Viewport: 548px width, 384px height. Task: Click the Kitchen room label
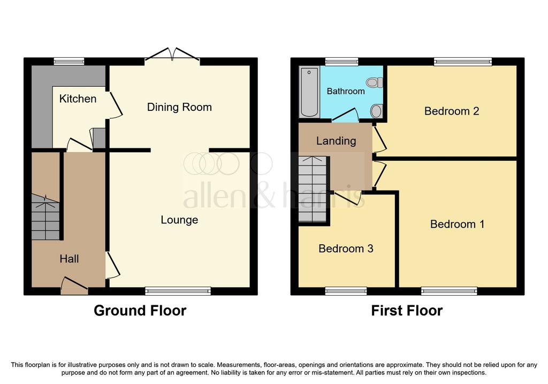click(x=78, y=99)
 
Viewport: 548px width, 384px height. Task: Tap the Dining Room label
click(x=179, y=107)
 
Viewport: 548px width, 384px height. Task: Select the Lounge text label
click(x=179, y=220)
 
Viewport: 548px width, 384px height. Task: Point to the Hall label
click(x=69, y=259)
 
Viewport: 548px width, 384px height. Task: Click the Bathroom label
click(x=346, y=91)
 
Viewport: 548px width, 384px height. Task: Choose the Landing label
click(x=336, y=141)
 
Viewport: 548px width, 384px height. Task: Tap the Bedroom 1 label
click(x=457, y=224)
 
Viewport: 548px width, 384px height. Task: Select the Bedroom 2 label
click(x=452, y=111)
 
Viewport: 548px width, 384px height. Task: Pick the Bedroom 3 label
click(x=346, y=249)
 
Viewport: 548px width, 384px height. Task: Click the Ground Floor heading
click(x=140, y=311)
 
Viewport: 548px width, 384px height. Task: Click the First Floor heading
click(x=407, y=311)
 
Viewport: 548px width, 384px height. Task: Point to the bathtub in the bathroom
click(x=309, y=92)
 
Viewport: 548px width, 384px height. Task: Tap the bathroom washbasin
click(x=376, y=111)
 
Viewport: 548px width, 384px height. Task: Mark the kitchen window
click(x=69, y=62)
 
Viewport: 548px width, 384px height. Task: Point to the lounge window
click(x=178, y=291)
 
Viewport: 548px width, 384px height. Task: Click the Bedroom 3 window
click(x=346, y=291)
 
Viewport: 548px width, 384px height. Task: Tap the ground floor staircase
click(x=45, y=217)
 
